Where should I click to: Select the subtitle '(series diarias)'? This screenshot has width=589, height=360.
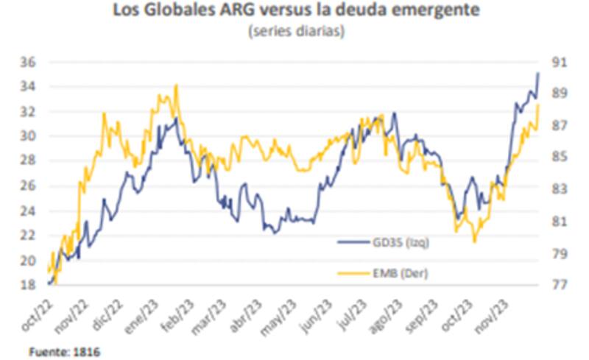295,32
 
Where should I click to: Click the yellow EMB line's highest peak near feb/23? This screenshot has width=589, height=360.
175,85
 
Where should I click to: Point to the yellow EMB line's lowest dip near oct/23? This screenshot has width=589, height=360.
475,241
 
